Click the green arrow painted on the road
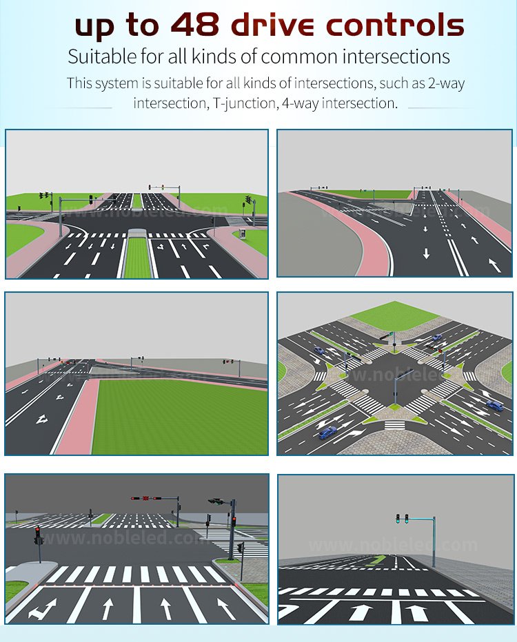point(378,560)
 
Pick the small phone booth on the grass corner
point(243,234)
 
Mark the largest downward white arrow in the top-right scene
point(427,253)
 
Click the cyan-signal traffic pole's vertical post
point(434,542)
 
